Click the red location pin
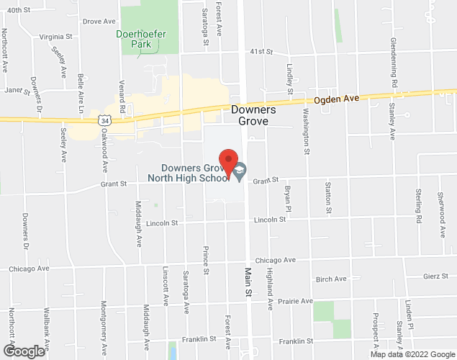[x=228, y=163]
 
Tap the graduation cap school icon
[x=240, y=171]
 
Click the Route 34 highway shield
[x=106, y=122]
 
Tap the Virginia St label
[x=56, y=35]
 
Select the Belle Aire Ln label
[x=80, y=93]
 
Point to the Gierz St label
[x=436, y=276]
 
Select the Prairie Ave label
[x=297, y=300]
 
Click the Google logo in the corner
[x=23, y=351]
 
